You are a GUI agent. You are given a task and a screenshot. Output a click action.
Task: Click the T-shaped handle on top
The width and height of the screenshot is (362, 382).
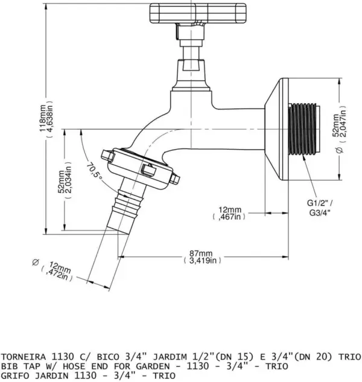197,13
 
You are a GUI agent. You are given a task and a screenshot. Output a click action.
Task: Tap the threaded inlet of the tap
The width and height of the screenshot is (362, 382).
303,129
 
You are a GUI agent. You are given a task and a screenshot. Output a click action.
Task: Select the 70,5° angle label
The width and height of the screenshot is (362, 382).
94,173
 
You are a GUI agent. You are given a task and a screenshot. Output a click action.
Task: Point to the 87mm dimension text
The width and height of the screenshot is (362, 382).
202,256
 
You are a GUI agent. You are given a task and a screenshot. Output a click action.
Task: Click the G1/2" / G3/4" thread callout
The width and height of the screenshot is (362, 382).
320,208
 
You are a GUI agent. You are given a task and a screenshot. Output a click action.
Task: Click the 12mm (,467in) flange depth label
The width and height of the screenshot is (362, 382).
229,213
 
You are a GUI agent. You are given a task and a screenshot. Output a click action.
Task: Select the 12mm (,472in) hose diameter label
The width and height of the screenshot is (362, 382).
58,272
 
